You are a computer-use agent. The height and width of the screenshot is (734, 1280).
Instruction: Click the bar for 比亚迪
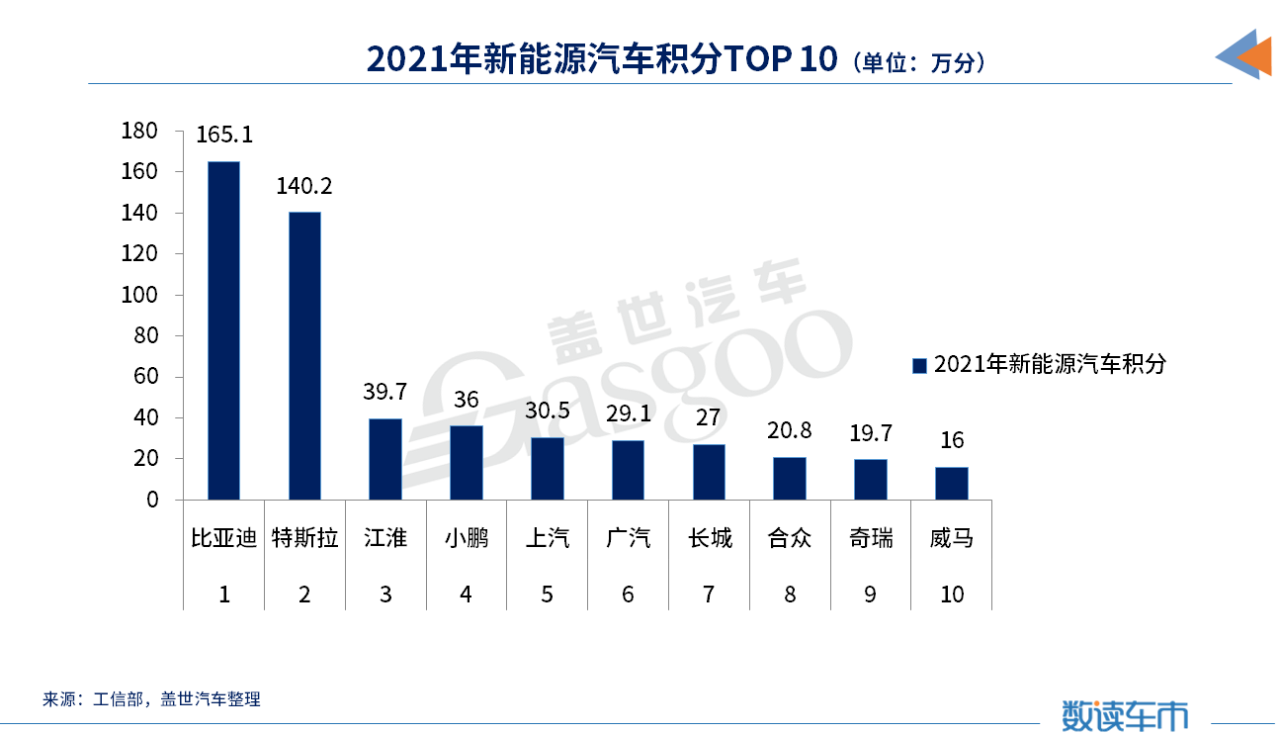pyautogui.click(x=223, y=330)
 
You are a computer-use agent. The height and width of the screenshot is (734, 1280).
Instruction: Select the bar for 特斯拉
pyautogui.click(x=304, y=356)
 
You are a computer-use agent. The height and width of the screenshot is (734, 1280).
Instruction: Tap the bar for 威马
pyautogui.click(x=952, y=484)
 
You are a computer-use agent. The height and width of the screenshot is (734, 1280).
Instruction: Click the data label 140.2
pyautogui.click(x=304, y=186)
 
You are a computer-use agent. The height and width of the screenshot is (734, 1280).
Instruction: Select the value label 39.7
pyautogui.click(x=385, y=393)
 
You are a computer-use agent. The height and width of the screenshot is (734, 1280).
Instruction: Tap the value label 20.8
pyautogui.click(x=790, y=431)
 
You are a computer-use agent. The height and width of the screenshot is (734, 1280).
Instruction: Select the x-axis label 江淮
pyautogui.click(x=385, y=538)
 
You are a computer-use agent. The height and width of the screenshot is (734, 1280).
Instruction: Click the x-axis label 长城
pyautogui.click(x=710, y=538)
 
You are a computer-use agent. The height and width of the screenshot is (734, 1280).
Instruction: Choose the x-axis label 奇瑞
pyautogui.click(x=871, y=538)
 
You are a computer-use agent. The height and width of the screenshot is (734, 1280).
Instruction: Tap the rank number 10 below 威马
pyautogui.click(x=952, y=595)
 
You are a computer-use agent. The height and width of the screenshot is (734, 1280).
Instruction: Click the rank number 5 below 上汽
pyautogui.click(x=548, y=595)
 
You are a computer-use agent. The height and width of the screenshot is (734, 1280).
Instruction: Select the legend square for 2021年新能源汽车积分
pyautogui.click(x=918, y=365)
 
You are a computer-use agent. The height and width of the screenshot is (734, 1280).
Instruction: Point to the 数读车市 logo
pyautogui.click(x=1126, y=714)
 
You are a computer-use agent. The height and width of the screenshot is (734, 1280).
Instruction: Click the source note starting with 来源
pyautogui.click(x=151, y=699)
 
